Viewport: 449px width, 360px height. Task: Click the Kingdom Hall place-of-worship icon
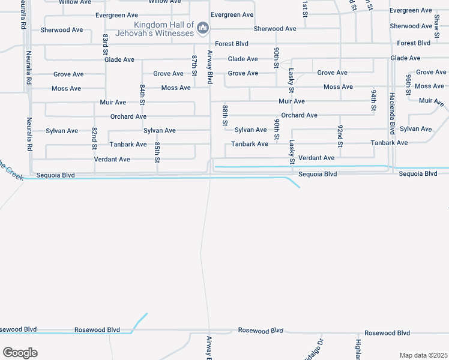[x=203, y=28]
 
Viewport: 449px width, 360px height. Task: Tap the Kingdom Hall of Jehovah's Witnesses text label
[x=165, y=29]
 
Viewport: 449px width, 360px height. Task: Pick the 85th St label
[x=157, y=152]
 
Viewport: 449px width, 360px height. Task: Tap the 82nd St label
[x=95, y=138]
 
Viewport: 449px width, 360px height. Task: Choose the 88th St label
[x=225, y=115]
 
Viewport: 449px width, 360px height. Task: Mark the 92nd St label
[x=340, y=136]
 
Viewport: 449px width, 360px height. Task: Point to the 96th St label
[x=408, y=85]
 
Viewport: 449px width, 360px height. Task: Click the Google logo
[x=20, y=352]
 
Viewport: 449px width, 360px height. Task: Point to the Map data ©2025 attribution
[x=423, y=355]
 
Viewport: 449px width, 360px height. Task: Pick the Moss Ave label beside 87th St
[x=176, y=88]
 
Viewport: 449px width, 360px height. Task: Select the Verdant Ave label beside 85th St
[x=112, y=160]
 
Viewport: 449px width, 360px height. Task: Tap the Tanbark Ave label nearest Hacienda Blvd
[x=389, y=143]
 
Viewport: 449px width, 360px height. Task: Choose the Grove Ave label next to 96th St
[x=431, y=72]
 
